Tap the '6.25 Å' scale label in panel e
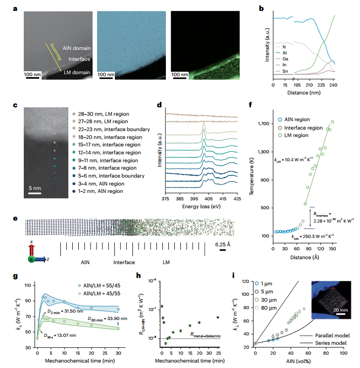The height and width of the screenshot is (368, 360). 223,244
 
